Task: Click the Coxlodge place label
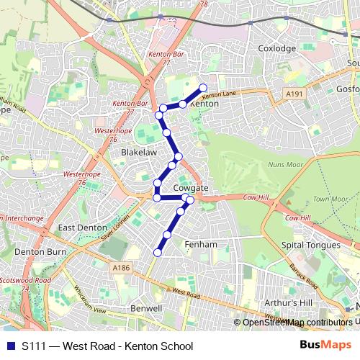(276, 48)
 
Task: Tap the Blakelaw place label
(139, 153)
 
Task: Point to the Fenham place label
(201, 245)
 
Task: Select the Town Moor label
(330, 199)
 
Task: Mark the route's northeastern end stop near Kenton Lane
(203, 88)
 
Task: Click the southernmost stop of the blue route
(158, 251)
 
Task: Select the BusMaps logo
(326, 346)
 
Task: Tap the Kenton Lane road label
(220, 94)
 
